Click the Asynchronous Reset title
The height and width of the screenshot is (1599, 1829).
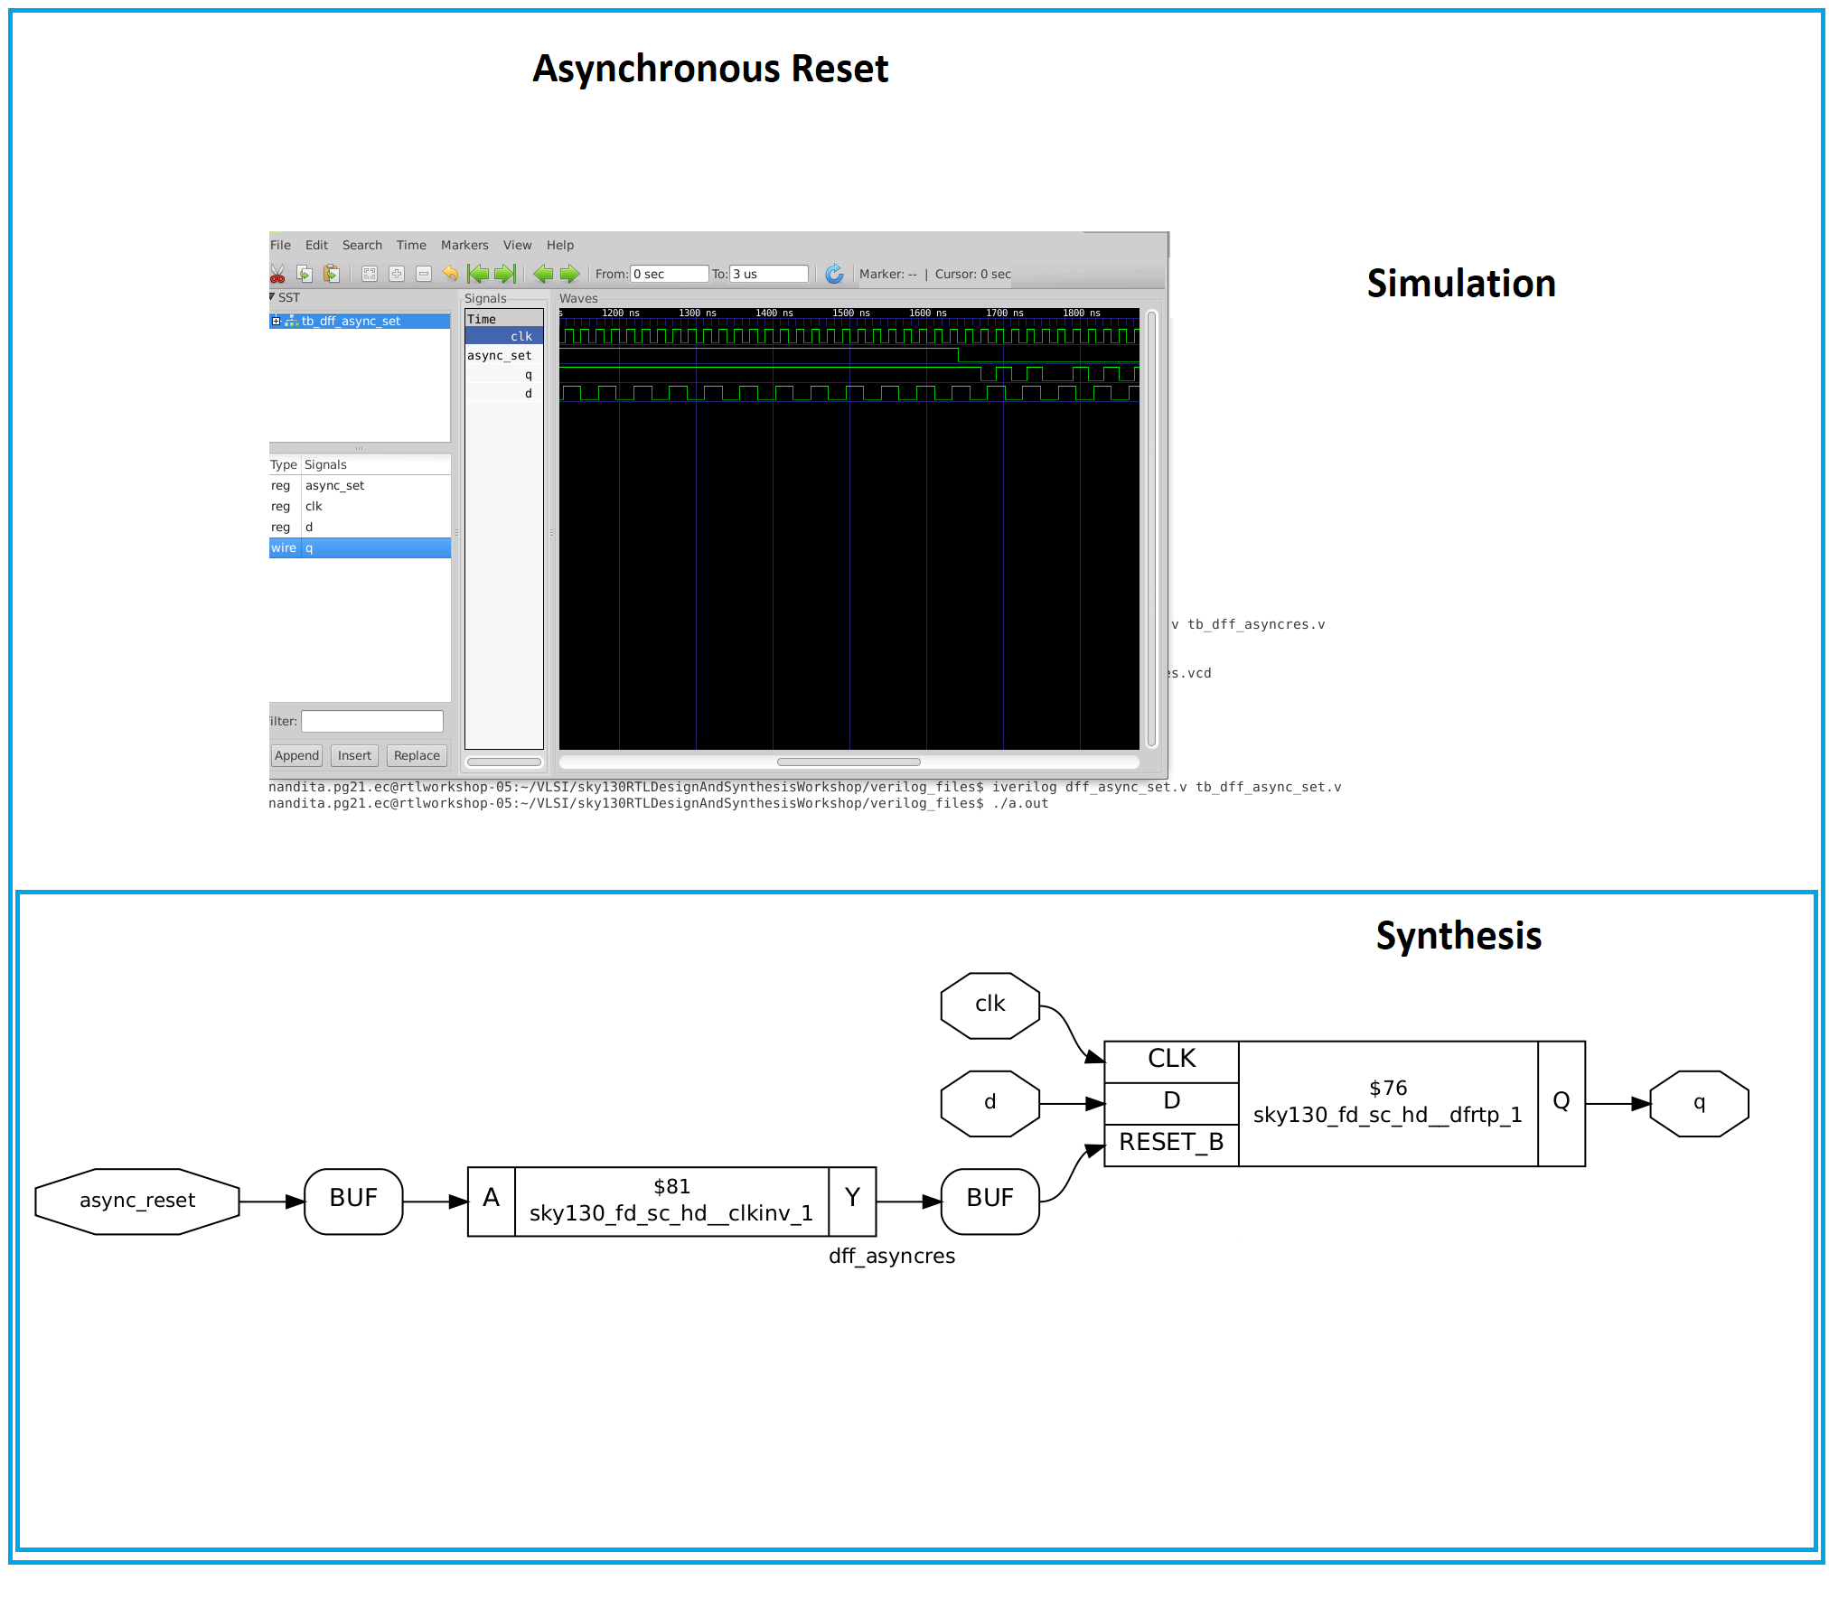point(710,70)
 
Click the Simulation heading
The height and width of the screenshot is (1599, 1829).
point(1460,284)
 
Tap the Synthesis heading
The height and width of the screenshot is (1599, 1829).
point(1458,936)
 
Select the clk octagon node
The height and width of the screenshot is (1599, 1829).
point(990,1005)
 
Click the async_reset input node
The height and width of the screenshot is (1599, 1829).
point(137,1201)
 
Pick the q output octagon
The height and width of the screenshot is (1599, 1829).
point(1698,1103)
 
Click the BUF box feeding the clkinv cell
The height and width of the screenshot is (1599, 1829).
point(353,1201)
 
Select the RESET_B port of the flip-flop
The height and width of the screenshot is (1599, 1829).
point(1170,1143)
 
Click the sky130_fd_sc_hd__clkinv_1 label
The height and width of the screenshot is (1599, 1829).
point(671,1213)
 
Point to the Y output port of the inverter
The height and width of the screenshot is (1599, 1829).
point(851,1200)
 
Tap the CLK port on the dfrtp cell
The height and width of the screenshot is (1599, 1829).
point(1170,1060)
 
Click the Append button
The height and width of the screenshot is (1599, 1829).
point(296,755)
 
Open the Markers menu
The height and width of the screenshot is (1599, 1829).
point(464,245)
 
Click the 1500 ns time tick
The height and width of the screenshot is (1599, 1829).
point(849,313)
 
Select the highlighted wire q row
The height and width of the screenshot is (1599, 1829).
point(360,547)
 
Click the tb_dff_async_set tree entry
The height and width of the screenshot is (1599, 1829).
point(351,321)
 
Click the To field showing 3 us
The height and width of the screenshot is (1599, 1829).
point(768,274)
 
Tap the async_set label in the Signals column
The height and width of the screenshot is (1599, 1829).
point(499,355)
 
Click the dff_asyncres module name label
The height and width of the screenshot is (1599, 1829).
point(891,1257)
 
